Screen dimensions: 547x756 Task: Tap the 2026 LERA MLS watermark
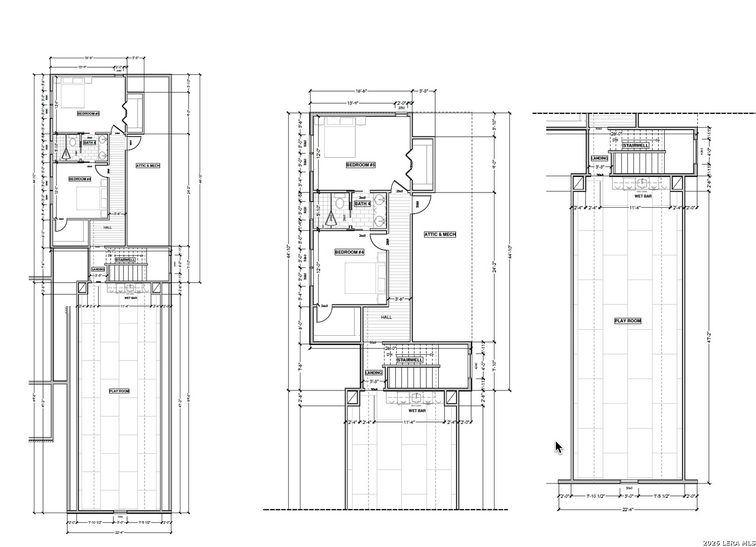[x=728, y=543]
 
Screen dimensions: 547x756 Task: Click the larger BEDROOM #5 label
[x=360, y=165]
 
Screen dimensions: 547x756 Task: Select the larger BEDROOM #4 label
[x=349, y=252]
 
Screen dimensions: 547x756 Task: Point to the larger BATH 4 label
[x=362, y=204]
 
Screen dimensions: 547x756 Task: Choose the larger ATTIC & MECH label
[x=440, y=235]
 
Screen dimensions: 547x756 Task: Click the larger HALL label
[x=387, y=317]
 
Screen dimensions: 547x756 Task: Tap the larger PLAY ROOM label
[x=627, y=321]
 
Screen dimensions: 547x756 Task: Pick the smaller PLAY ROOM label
[x=119, y=391]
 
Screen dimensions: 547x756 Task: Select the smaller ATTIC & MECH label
[x=148, y=166]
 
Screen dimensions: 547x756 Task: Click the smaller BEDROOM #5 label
[x=88, y=113]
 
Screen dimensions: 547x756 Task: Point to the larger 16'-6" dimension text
[x=361, y=91]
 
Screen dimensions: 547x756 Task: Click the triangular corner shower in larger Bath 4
[x=330, y=218]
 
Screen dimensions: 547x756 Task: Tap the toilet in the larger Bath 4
[x=340, y=203]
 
